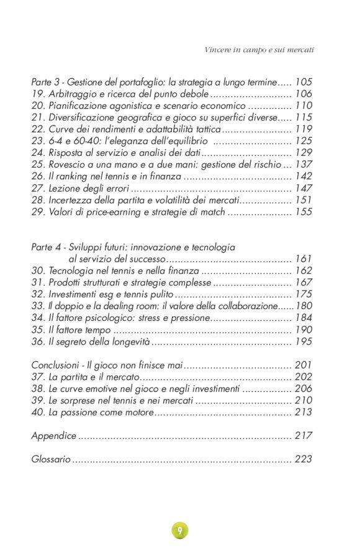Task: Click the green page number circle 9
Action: coord(179,530)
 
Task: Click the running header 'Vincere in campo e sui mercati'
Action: coord(259,49)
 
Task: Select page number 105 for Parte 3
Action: coord(304,82)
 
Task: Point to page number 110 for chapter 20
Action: coord(304,106)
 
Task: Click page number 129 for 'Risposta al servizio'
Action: coord(304,153)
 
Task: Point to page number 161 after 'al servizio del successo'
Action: coord(304,259)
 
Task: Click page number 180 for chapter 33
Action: coord(304,306)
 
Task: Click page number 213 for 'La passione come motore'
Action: coord(304,412)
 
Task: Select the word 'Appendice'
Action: coord(54,436)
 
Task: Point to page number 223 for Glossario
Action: coord(304,459)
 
